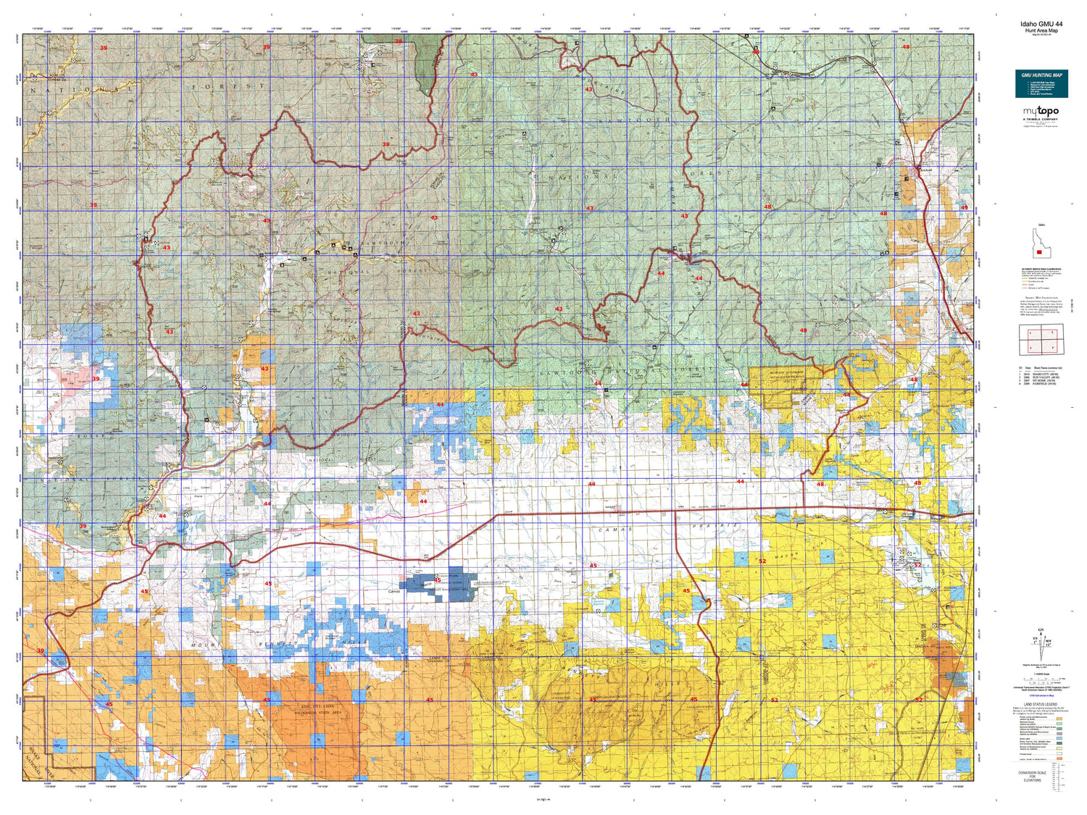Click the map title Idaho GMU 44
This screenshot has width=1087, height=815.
click(x=1041, y=24)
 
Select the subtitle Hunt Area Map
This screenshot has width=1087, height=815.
click(x=1041, y=30)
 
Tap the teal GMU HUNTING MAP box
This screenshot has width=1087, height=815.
click(x=1041, y=84)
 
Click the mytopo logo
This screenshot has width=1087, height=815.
click(x=1041, y=112)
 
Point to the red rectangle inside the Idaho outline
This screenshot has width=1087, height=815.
click(x=1040, y=252)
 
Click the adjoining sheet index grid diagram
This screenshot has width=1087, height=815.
click(x=1041, y=340)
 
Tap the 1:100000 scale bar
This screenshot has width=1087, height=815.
click(x=1041, y=679)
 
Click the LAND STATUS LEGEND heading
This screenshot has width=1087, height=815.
click(x=1041, y=704)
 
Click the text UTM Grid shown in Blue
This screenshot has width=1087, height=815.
click(x=1041, y=696)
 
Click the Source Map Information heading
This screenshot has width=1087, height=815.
click(x=1038, y=297)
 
